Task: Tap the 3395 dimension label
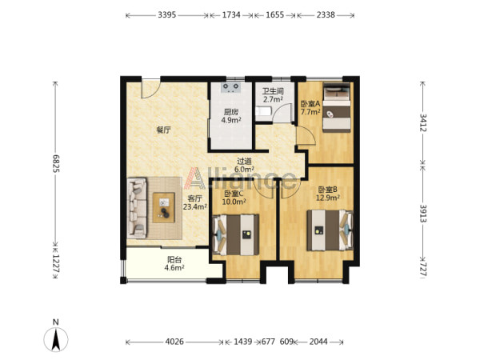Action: tap(167, 14)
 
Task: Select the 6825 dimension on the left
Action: tap(56, 164)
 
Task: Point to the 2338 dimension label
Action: tap(326, 14)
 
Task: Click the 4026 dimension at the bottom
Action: tap(174, 342)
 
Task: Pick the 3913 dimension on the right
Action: tap(423, 214)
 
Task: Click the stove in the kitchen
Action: tap(231, 87)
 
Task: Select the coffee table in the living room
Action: tap(164, 207)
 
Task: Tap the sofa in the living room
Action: tap(137, 208)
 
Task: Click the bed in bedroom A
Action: tap(337, 107)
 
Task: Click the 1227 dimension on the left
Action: tap(56, 263)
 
